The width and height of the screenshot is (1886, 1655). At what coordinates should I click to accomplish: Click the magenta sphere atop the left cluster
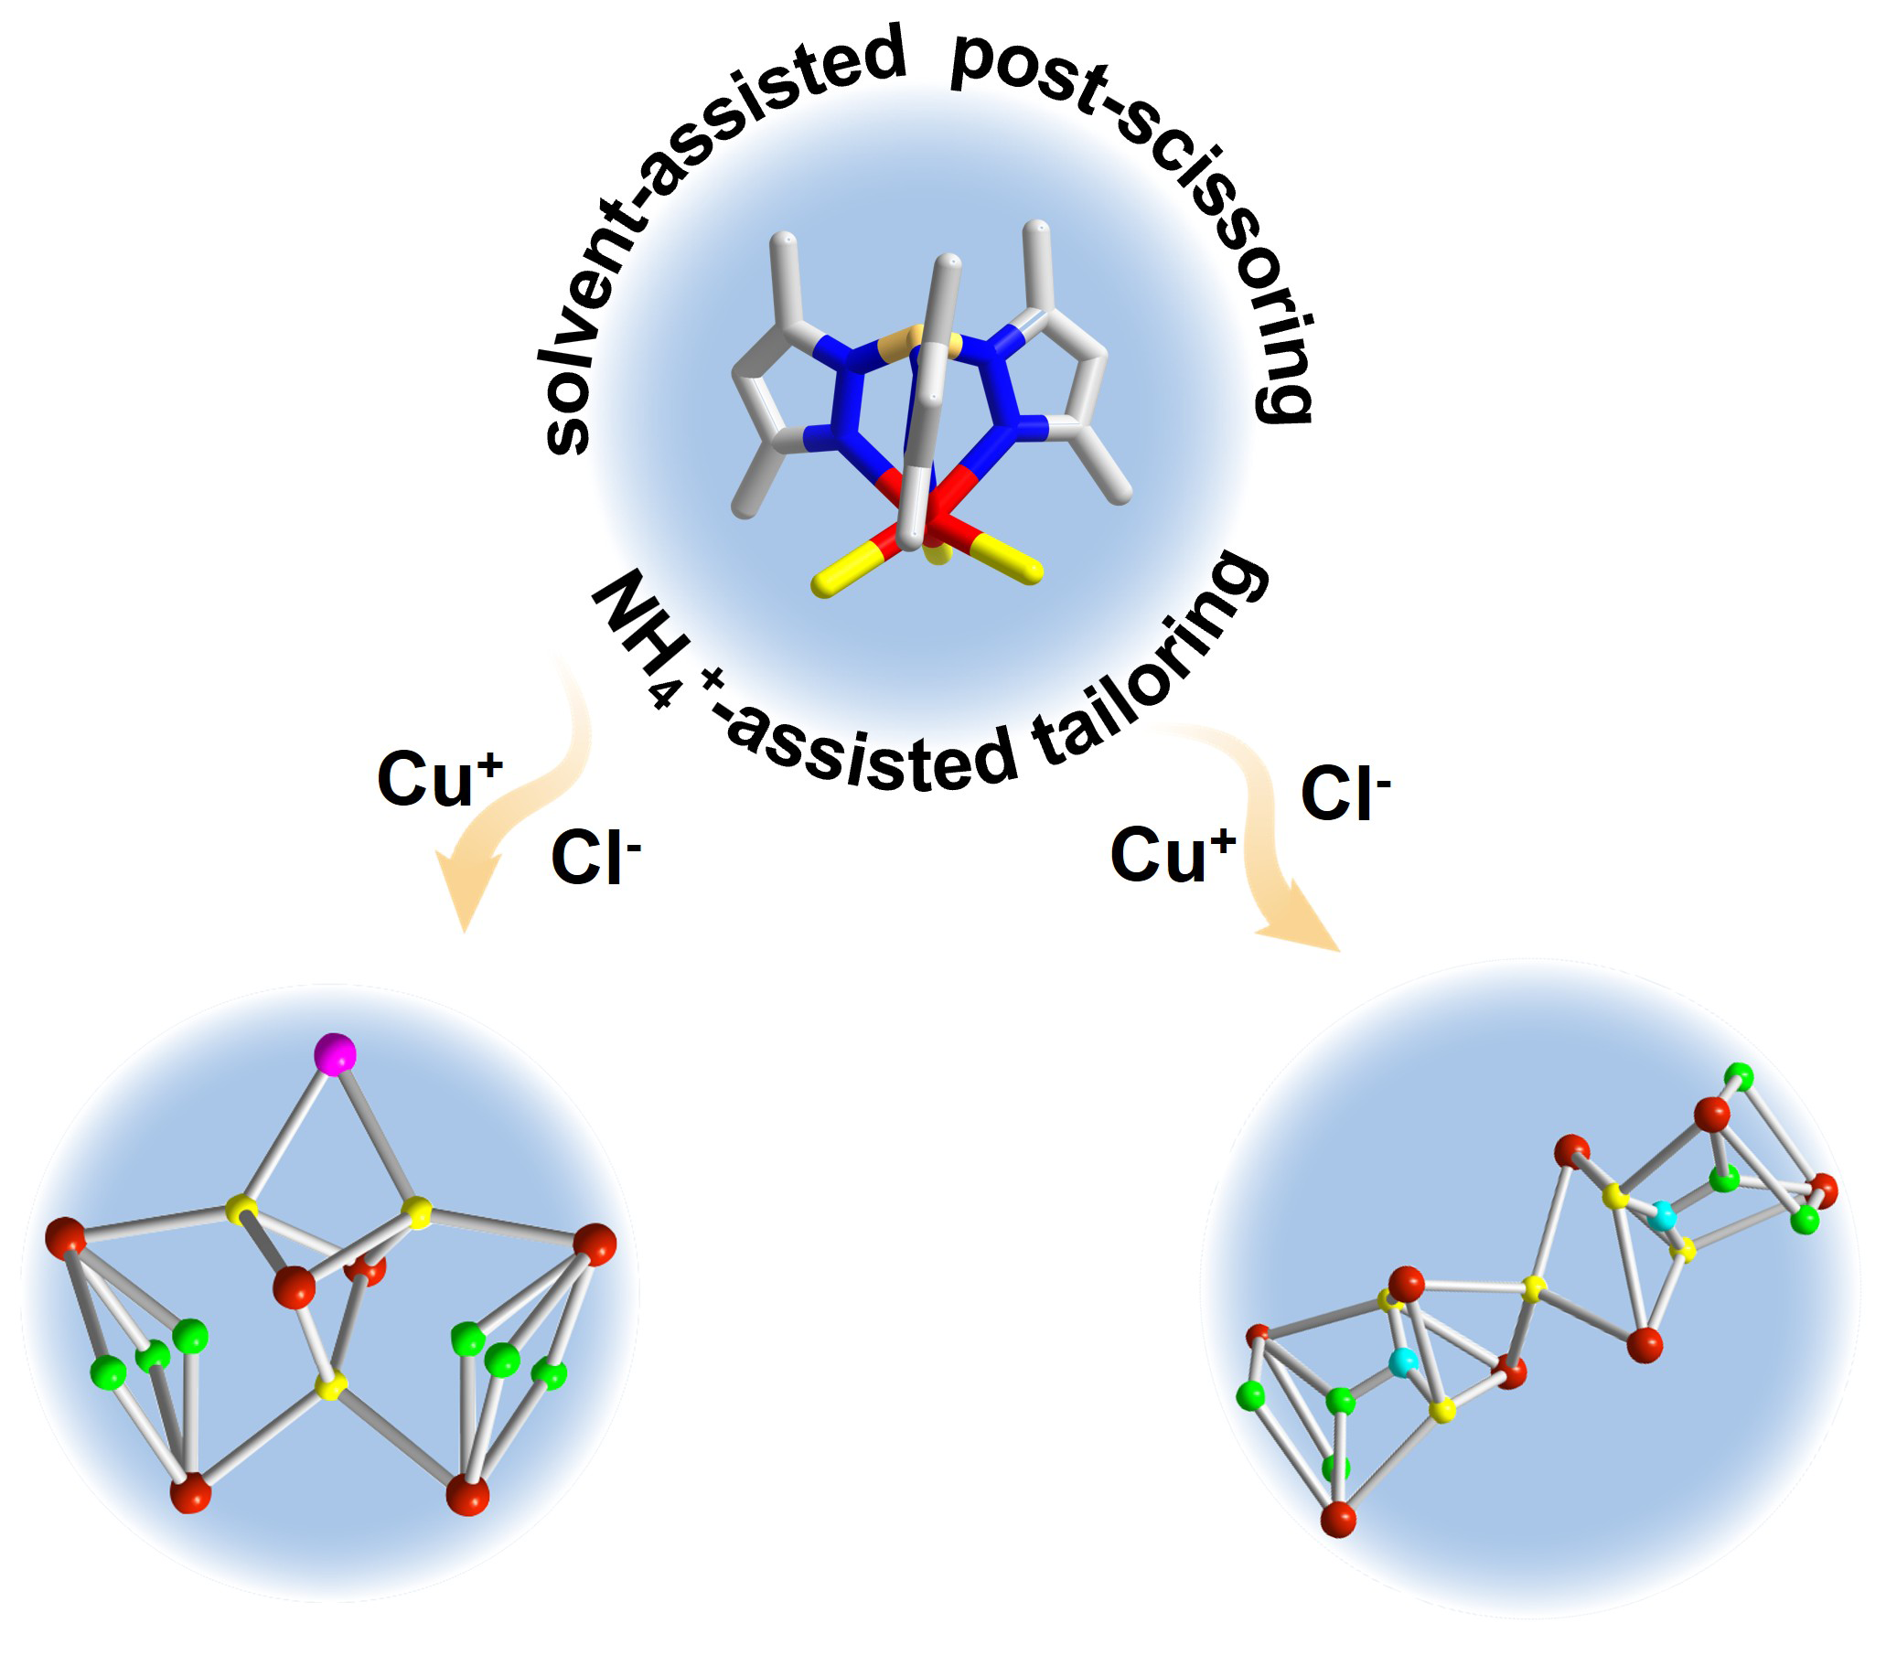[x=335, y=1053]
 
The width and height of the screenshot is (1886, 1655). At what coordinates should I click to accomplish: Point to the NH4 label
[x=637, y=636]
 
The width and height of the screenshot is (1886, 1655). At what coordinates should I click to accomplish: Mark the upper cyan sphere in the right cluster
[x=1662, y=1216]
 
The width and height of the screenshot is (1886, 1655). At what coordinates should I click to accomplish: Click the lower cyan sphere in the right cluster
[x=1403, y=1361]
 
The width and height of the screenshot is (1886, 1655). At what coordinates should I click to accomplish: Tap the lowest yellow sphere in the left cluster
[x=330, y=1385]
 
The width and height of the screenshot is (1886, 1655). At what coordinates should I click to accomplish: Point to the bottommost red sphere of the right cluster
[x=1338, y=1519]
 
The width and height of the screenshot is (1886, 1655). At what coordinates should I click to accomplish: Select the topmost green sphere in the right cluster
[x=1740, y=1075]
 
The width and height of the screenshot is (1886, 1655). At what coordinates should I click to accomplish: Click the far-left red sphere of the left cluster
[x=66, y=1238]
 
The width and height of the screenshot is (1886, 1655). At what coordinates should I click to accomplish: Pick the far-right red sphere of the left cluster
[x=595, y=1244]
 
